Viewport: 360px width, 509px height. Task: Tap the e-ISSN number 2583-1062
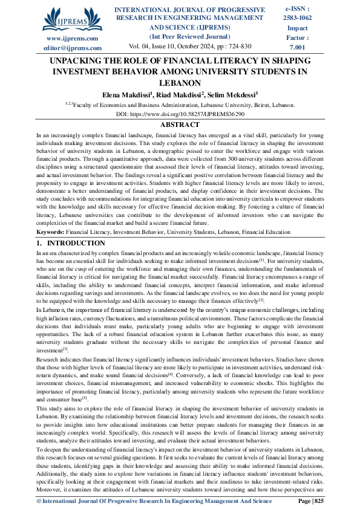tap(298, 19)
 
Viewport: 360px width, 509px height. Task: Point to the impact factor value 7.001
tap(298, 47)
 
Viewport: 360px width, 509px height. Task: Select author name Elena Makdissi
tap(126, 94)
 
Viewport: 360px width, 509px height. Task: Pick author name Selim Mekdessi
tap(232, 94)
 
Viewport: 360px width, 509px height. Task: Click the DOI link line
tap(180, 114)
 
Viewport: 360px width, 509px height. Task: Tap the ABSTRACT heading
tap(180, 124)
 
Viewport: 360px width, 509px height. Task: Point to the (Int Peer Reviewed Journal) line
tap(189, 37)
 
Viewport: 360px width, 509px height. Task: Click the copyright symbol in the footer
tap(38, 501)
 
